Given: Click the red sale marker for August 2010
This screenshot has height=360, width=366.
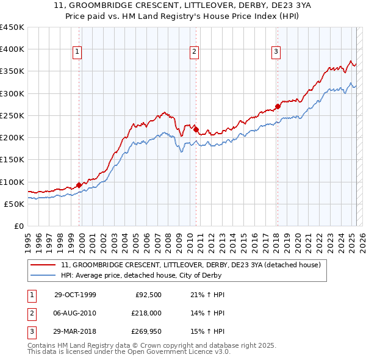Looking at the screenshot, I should click(x=196, y=129).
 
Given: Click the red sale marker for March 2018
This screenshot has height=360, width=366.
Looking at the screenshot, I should click(x=278, y=106).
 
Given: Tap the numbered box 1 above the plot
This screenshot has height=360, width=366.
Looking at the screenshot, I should click(x=78, y=52).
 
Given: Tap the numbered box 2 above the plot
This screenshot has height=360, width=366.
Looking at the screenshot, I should click(x=194, y=52).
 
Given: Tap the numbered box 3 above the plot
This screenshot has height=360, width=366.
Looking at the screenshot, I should click(x=276, y=52).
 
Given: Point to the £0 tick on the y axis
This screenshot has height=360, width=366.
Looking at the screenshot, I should click(x=20, y=226).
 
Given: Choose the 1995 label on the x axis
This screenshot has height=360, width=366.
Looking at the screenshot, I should click(x=28, y=238).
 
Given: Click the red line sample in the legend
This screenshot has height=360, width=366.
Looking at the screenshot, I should click(x=44, y=265).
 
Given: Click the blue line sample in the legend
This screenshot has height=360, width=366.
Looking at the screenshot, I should click(x=44, y=275).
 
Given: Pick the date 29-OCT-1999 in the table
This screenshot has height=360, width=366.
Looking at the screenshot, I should click(x=75, y=295).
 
